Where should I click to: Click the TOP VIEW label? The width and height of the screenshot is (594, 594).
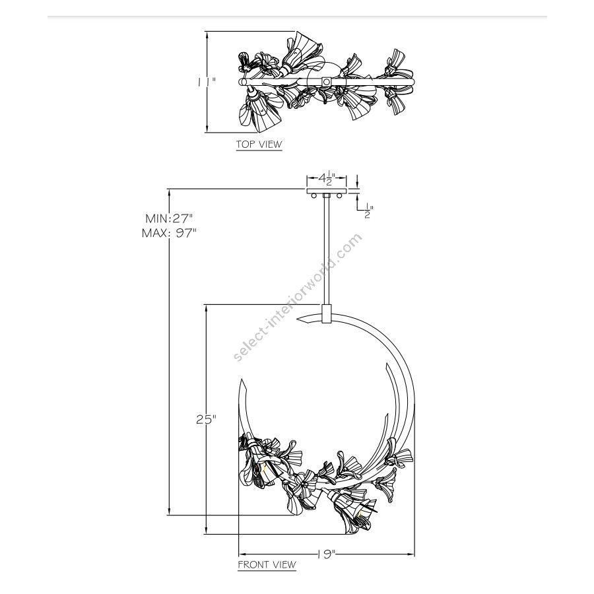(x=259, y=144)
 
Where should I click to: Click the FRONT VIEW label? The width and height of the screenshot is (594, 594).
(x=267, y=564)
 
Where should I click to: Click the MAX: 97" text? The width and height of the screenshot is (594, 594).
(x=169, y=232)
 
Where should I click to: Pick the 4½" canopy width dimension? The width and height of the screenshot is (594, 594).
(x=326, y=178)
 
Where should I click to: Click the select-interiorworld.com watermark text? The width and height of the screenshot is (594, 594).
(x=298, y=297)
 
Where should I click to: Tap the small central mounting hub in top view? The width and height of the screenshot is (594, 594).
(x=327, y=81)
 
